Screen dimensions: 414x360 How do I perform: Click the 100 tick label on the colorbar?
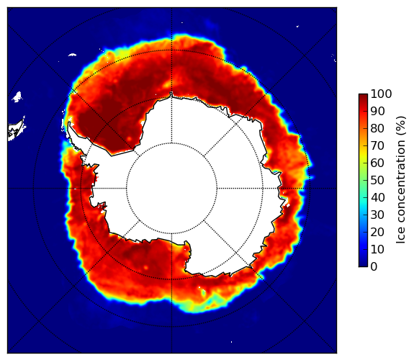(381, 94)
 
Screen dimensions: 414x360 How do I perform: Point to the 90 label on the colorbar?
(377, 111)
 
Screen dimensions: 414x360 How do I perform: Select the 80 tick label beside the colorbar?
(377, 128)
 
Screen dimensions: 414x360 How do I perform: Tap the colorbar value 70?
(377, 145)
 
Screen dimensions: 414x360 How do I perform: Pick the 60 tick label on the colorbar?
(377, 163)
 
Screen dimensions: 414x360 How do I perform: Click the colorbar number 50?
(377, 181)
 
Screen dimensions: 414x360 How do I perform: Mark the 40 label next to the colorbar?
(377, 197)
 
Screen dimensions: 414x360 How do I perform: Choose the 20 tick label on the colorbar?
(377, 232)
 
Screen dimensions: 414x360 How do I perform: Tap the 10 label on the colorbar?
(377, 249)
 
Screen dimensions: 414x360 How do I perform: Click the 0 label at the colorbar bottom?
(374, 267)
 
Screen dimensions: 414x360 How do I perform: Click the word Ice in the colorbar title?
(401, 235)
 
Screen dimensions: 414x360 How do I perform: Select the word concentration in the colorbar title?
(401, 182)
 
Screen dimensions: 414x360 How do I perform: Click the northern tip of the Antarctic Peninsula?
(69, 123)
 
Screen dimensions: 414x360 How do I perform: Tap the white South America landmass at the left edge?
(16, 130)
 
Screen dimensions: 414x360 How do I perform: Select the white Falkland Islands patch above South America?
(17, 96)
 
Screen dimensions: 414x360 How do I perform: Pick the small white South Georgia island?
(72, 55)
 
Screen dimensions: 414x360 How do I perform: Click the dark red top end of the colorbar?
(363, 96)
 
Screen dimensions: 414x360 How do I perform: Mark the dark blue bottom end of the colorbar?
(363, 265)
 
